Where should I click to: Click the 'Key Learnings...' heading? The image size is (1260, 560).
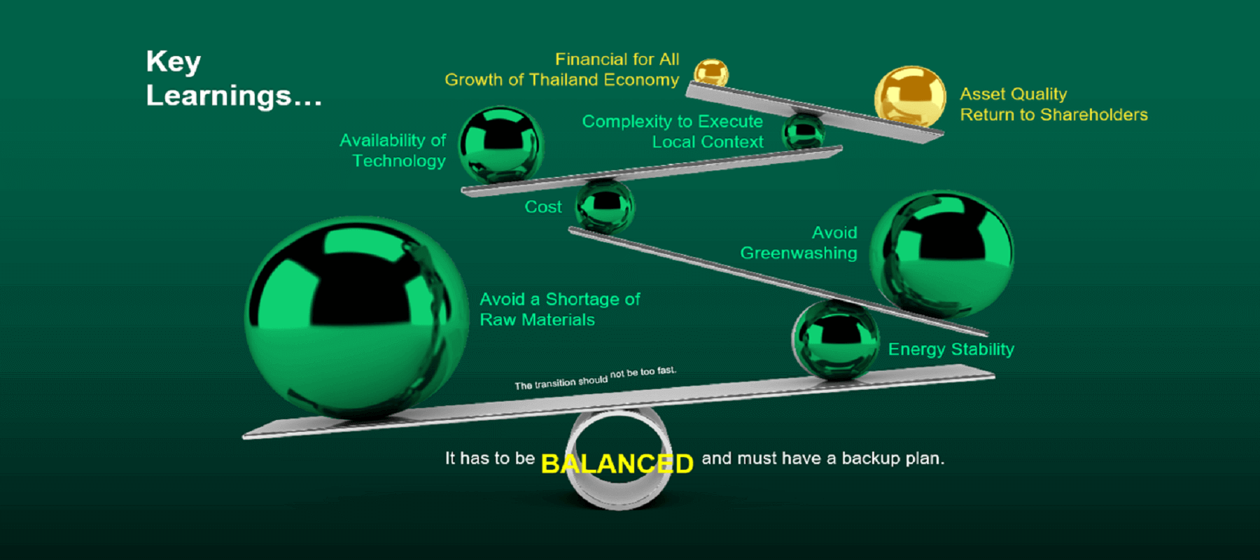233,78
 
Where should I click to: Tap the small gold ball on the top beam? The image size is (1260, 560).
710,73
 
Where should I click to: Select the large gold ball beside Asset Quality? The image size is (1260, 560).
909,96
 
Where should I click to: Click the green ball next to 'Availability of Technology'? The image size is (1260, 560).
500,144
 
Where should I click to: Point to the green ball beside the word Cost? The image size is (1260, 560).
605,206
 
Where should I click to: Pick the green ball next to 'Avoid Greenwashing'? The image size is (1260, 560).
941,253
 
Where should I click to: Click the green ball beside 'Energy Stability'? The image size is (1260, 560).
835,340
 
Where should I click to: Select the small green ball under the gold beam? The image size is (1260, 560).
803,131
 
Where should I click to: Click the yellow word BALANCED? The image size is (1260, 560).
617,463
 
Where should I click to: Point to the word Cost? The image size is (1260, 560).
543,207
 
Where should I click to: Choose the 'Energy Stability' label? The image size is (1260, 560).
951,349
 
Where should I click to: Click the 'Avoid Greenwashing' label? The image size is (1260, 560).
799,243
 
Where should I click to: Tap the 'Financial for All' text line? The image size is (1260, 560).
617,59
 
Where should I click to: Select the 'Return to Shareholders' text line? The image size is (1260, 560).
1053,115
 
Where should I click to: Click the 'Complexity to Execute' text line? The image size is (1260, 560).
672,122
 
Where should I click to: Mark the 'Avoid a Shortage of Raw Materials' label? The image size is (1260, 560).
559,309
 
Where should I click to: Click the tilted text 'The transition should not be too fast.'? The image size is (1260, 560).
595,378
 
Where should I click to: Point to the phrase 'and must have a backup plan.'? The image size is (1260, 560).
823,458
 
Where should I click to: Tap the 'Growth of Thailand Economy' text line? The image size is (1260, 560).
561,80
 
